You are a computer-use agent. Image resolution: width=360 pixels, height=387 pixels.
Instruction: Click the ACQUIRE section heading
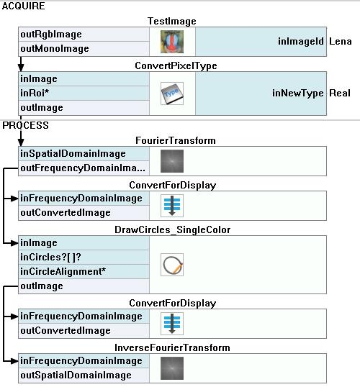click(24, 6)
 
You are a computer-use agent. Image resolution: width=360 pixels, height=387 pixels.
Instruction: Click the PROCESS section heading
click(25, 125)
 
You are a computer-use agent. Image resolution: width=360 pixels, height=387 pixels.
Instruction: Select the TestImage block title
click(172, 22)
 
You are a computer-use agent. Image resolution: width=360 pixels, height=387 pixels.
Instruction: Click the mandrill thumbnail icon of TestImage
click(172, 42)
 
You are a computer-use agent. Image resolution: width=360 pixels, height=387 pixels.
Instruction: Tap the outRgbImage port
click(51, 35)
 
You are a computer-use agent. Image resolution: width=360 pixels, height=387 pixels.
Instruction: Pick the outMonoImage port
click(55, 49)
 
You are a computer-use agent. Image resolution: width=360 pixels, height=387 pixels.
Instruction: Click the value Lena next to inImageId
click(341, 41)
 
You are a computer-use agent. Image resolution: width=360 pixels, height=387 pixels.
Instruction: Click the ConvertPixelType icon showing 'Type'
click(172, 94)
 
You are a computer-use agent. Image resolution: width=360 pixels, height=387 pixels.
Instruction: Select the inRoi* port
click(35, 94)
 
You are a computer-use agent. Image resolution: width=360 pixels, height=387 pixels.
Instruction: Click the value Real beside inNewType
click(340, 94)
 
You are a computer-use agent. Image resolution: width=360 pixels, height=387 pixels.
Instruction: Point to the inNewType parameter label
click(298, 94)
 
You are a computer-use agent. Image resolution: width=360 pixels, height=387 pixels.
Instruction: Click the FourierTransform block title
click(176, 141)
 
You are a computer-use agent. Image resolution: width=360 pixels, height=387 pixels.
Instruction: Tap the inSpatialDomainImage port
click(73, 154)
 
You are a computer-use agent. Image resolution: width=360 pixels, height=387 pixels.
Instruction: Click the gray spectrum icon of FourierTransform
click(172, 161)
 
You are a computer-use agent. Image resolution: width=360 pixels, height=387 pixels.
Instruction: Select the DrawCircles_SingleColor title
click(173, 230)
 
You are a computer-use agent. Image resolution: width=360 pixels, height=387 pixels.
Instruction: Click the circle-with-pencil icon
click(172, 265)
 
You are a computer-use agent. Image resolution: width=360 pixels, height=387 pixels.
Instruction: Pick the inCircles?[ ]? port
click(50, 258)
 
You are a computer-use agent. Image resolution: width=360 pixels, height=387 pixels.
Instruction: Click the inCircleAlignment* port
click(63, 272)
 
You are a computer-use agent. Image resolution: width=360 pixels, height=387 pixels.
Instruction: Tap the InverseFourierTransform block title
click(172, 348)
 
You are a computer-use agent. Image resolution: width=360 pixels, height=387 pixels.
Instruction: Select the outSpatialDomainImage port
click(76, 375)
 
